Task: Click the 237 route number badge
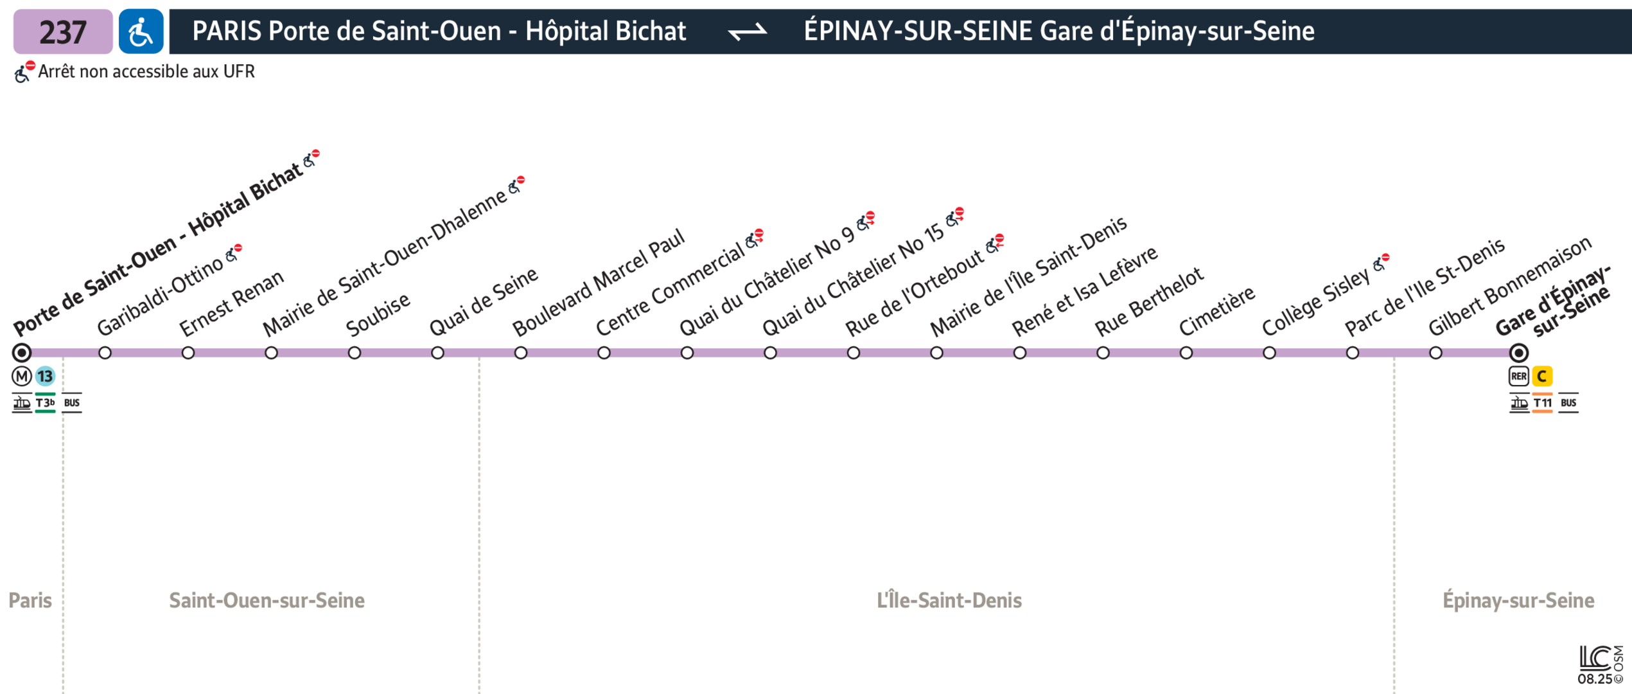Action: [x=63, y=31]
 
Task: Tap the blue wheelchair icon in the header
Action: [x=141, y=31]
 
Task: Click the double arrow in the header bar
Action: [x=748, y=31]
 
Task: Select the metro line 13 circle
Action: [x=45, y=376]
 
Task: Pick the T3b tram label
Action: [x=45, y=403]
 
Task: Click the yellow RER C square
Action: [x=1542, y=376]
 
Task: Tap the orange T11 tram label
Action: [x=1542, y=403]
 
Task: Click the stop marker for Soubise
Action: [x=355, y=353]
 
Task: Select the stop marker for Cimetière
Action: [x=1186, y=353]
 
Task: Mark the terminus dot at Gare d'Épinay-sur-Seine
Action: [x=1519, y=353]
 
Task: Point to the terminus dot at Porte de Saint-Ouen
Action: [x=22, y=353]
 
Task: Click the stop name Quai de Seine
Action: [x=484, y=301]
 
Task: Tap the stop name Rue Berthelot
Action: [x=1149, y=301]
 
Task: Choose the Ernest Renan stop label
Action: [x=231, y=303]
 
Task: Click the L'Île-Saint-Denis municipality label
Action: [x=949, y=600]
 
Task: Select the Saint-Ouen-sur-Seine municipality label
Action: [x=267, y=600]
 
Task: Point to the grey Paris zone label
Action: [x=30, y=600]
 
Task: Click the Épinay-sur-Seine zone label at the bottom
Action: [x=1518, y=600]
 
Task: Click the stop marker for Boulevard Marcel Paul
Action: [x=521, y=353]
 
